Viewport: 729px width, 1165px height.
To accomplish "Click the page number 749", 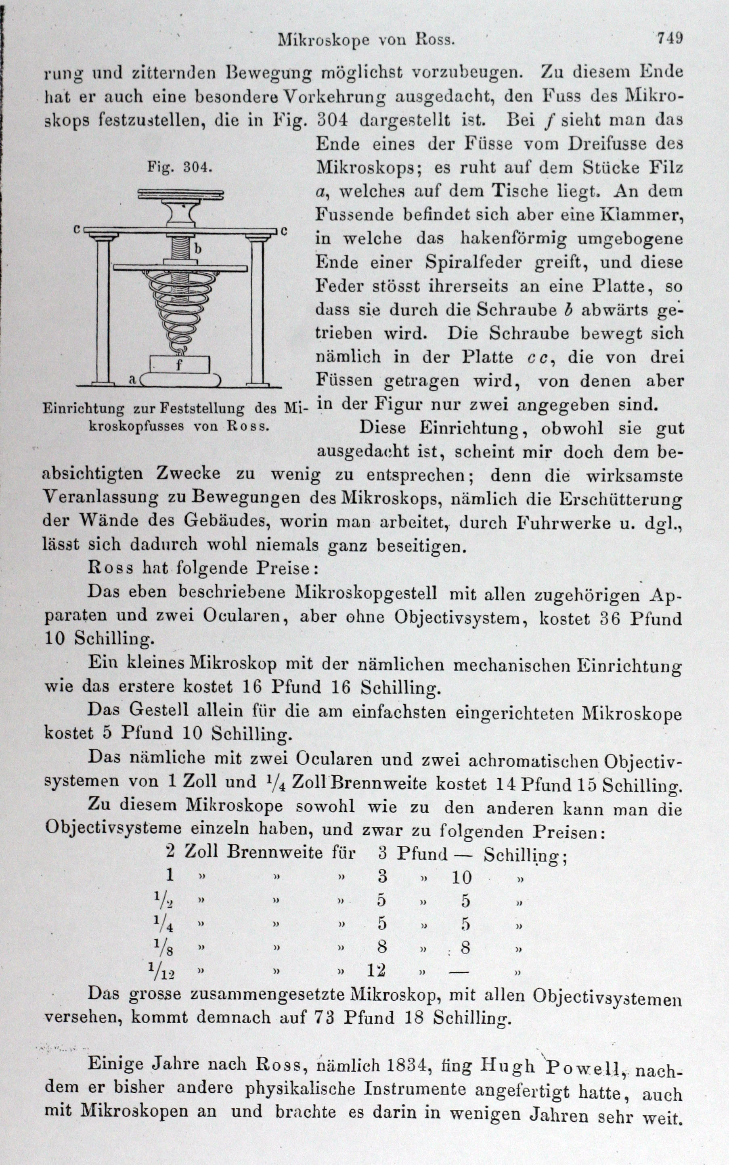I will [670, 38].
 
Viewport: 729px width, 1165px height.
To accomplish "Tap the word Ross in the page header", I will [435, 40].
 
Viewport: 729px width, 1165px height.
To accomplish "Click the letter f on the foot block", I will [179, 365].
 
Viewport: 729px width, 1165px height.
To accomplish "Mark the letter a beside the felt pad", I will [132, 379].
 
